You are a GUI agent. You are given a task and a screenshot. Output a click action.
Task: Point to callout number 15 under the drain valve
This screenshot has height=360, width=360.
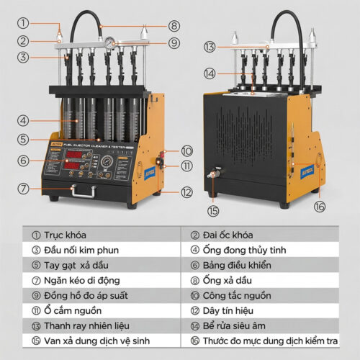[213, 211]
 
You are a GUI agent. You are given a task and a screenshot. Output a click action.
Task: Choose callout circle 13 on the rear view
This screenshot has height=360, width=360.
[209, 47]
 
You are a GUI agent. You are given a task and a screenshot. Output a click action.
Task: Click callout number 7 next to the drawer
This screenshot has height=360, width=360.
[24, 189]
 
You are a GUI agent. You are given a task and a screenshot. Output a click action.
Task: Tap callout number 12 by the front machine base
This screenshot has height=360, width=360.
[187, 192]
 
